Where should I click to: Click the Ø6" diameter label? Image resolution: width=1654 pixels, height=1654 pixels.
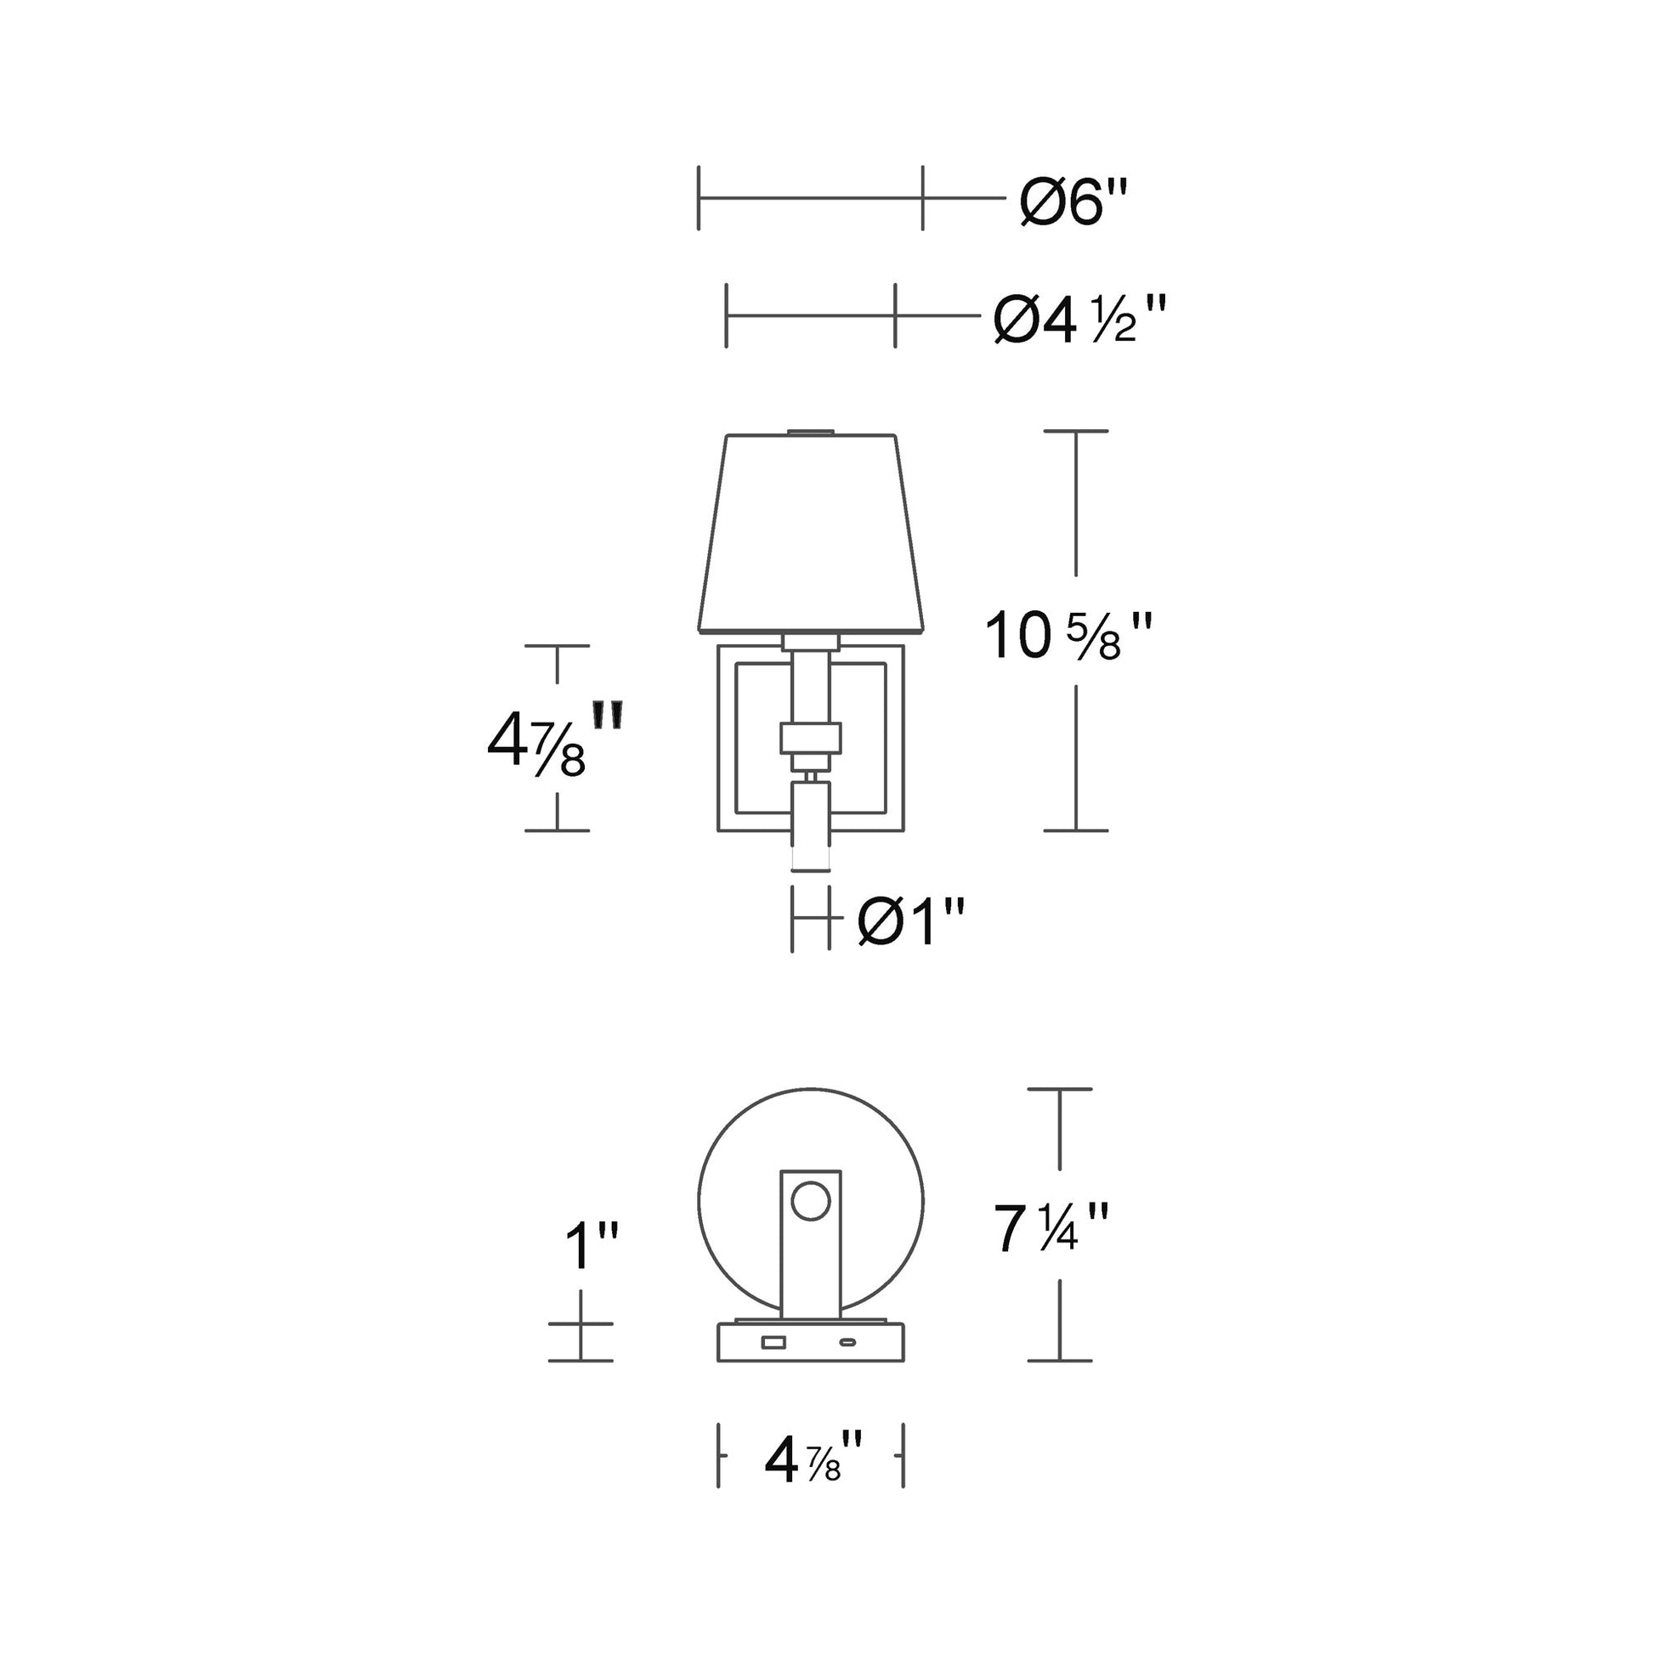coord(1073,203)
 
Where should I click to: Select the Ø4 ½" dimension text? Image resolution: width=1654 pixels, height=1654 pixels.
coord(1079,319)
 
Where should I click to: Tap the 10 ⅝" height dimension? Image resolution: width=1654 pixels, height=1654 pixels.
coord(1068,636)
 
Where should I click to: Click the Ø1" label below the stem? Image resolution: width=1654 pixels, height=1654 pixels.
coord(911,922)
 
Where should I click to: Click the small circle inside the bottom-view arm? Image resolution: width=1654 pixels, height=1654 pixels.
coord(810,1201)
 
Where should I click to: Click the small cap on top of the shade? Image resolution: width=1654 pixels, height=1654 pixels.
coord(811,432)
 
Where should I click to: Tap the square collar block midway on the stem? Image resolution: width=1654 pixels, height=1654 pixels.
coord(811,738)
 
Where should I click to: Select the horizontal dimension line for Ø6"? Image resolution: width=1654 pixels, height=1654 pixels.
coord(810,198)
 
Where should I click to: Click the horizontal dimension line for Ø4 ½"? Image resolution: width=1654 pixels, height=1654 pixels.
coord(810,315)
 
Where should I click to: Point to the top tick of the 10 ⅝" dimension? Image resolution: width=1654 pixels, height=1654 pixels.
coord(1076,431)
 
